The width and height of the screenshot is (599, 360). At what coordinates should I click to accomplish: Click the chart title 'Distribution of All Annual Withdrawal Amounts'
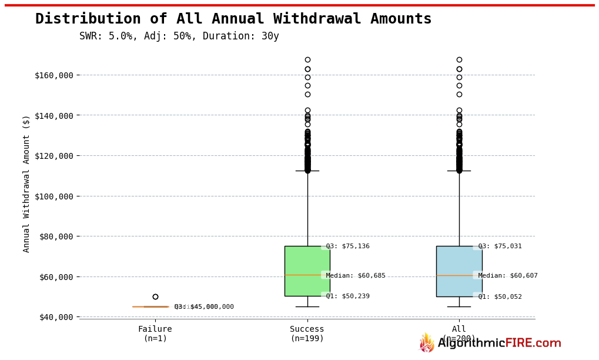tap(233, 19)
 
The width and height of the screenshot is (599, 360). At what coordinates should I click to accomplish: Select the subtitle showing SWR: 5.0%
tap(179, 36)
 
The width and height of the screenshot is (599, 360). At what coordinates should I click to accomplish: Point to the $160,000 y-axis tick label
tap(54, 75)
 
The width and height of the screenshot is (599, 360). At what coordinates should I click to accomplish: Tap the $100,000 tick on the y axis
tap(54, 196)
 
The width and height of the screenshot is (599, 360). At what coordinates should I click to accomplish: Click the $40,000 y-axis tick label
tap(56, 317)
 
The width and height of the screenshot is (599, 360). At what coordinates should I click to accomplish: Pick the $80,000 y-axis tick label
tap(56, 236)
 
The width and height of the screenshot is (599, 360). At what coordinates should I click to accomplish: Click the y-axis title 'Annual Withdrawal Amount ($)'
tap(26, 184)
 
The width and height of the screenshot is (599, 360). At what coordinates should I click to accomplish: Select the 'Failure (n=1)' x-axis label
tap(155, 334)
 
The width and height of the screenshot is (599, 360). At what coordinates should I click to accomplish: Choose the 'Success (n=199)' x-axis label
tap(307, 334)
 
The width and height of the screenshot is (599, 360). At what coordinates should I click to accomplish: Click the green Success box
tap(307, 262)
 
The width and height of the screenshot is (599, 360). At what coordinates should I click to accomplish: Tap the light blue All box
tap(459, 262)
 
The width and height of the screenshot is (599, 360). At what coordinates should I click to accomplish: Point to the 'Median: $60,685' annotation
tap(356, 276)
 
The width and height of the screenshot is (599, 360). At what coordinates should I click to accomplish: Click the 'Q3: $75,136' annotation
tap(347, 246)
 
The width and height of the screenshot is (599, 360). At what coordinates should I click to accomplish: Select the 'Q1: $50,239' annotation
tap(347, 296)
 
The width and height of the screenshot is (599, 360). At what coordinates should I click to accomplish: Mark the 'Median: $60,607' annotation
tap(508, 276)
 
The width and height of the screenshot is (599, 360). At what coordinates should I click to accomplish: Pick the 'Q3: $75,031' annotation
tap(500, 246)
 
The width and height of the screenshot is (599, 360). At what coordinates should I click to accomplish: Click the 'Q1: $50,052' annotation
tap(500, 297)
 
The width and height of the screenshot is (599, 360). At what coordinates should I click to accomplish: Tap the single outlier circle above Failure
tap(155, 297)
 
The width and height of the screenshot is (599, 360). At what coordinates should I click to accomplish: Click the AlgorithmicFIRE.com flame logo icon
tap(427, 343)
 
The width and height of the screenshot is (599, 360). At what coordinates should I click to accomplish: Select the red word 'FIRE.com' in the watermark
tap(533, 344)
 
